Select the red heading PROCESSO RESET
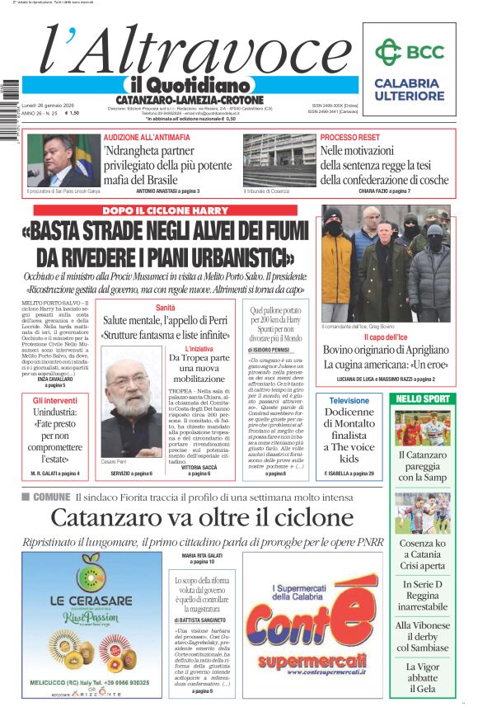click(350, 137)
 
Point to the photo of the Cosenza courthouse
click(279, 160)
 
